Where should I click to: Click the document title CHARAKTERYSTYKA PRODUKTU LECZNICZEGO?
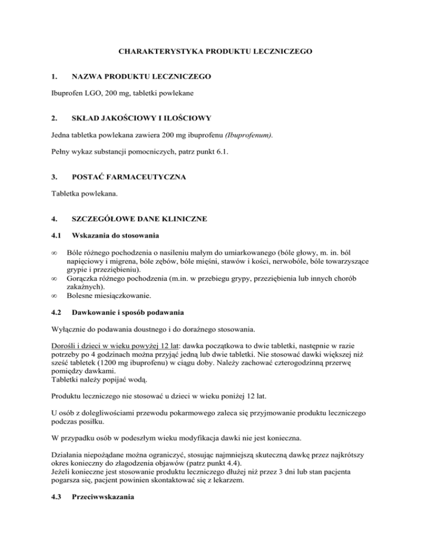pyautogui.click(x=215, y=52)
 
